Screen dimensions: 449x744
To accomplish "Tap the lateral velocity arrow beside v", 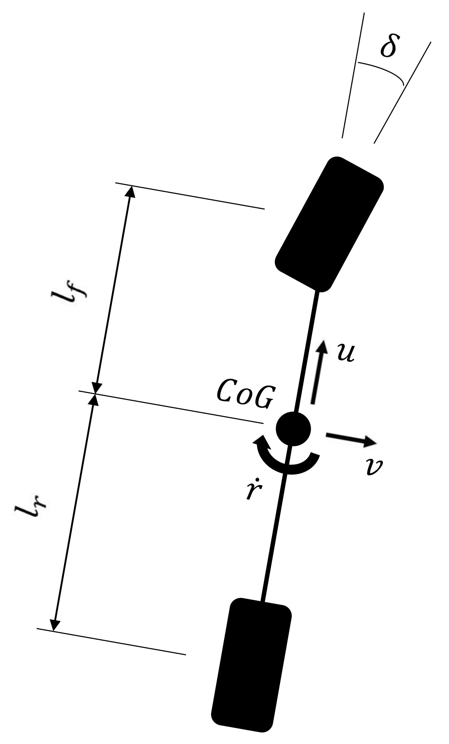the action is coord(350,439).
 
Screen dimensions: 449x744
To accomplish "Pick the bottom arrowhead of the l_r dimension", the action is coord(54,625).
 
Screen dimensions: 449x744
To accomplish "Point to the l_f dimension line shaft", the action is coord(113,288).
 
